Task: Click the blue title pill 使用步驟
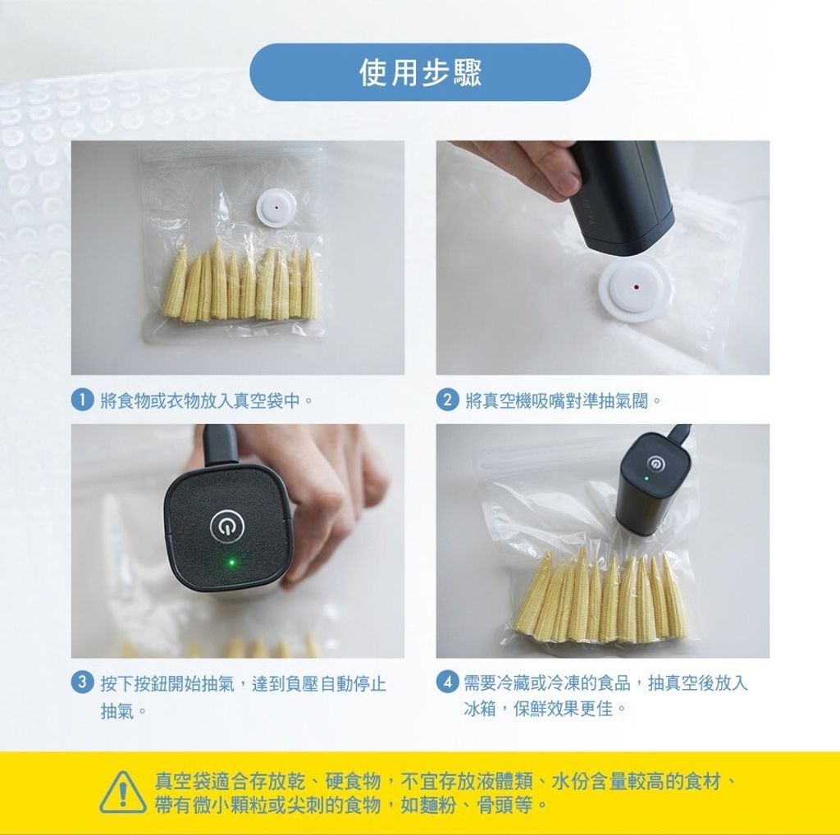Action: pos(420,72)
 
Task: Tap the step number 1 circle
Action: pos(83,400)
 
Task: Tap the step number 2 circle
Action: pos(447,400)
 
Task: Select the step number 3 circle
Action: pos(83,682)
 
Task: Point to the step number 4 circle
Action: pos(447,682)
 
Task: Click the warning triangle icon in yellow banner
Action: pos(123,792)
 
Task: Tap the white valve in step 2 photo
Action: pos(635,288)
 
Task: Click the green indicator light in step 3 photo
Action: pos(231,563)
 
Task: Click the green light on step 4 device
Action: pos(646,478)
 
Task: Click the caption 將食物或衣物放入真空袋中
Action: pos(200,400)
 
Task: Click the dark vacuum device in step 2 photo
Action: pos(622,195)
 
